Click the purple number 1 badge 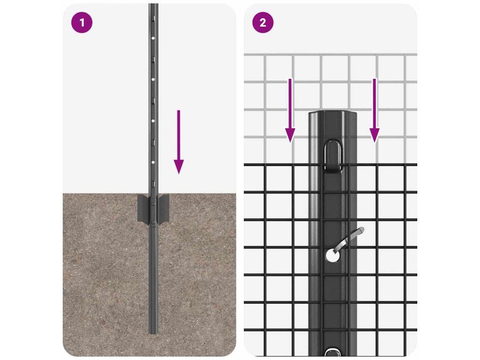(82, 22)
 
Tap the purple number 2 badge (262, 22)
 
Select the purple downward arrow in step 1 (179, 142)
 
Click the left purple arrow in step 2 (290, 111)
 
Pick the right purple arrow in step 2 (374, 111)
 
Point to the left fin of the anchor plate (143, 208)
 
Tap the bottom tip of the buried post (153, 333)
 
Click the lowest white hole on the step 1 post (153, 162)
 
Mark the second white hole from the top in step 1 (153, 79)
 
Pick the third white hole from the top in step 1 (153, 121)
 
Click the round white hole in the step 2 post (332, 255)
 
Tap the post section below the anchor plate (153, 278)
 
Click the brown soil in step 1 (104, 276)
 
